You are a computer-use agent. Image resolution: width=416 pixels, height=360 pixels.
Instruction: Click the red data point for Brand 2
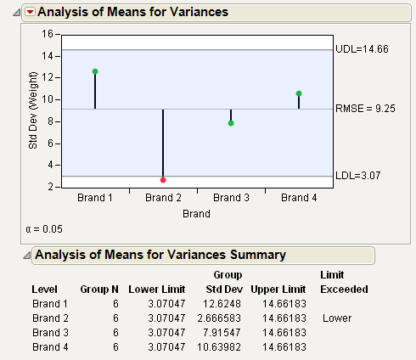click(163, 180)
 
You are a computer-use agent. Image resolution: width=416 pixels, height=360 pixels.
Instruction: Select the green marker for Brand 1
click(95, 71)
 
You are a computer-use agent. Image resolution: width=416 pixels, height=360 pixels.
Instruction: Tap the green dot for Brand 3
click(231, 123)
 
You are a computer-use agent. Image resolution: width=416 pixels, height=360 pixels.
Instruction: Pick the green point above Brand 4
click(299, 93)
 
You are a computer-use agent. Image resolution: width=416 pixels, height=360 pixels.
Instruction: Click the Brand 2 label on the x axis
click(163, 198)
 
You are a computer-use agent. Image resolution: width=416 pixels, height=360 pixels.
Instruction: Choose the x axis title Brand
click(196, 214)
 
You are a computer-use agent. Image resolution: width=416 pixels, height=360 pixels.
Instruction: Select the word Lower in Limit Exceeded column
click(337, 318)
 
